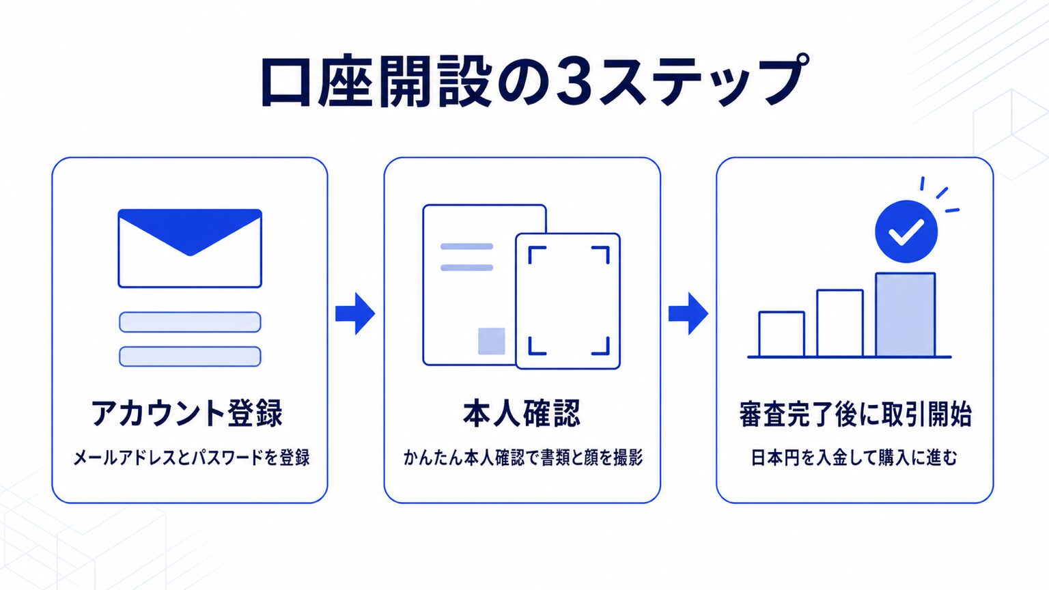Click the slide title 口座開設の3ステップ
534,81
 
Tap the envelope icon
190,248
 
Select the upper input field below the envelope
190,322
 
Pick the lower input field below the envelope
190,357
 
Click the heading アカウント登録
187,413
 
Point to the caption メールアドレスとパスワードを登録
191,458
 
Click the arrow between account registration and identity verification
355,313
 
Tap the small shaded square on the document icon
491,341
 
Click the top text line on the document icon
467,247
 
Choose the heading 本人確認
522,413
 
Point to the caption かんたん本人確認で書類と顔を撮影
523,458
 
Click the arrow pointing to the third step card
688,313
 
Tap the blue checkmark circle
906,231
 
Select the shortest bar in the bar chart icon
781,334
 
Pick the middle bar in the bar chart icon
840,323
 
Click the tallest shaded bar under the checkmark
906,315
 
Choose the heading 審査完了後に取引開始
855,414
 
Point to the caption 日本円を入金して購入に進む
854,458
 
